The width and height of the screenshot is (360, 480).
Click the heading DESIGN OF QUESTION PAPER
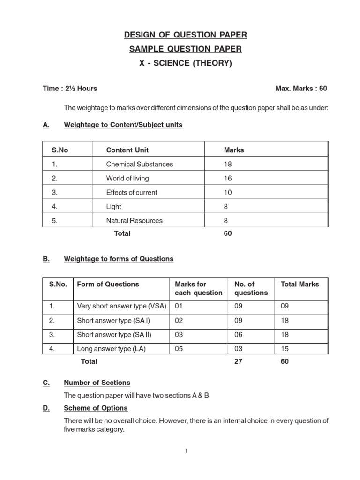click(185, 35)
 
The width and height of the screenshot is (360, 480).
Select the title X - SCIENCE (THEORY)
click(185, 63)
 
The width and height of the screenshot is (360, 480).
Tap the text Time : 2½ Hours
click(70, 89)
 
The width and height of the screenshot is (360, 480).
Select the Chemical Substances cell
click(140, 164)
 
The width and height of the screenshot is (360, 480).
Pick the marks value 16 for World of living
click(228, 178)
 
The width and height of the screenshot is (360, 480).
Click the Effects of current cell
click(132, 192)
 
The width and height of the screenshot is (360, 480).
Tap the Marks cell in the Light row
click(227, 206)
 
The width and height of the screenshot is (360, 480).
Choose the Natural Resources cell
click(135, 220)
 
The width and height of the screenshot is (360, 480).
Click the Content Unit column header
click(127, 150)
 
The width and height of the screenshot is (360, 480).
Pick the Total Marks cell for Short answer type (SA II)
click(285, 335)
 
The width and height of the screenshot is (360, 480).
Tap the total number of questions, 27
click(238, 361)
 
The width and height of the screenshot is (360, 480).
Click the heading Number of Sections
click(97, 382)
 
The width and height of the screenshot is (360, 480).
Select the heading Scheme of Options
click(96, 408)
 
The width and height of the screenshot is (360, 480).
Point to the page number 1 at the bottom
click(186, 451)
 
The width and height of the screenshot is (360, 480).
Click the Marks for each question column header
click(198, 288)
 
